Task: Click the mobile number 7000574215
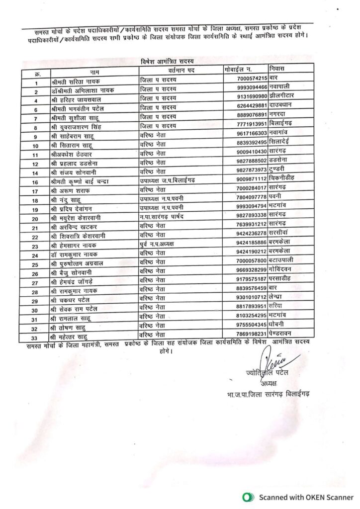(253, 78)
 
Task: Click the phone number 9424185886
(253, 242)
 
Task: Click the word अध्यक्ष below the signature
(270, 383)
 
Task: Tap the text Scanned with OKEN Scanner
(306, 497)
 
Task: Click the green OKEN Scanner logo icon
(246, 497)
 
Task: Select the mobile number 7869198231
(253, 334)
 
